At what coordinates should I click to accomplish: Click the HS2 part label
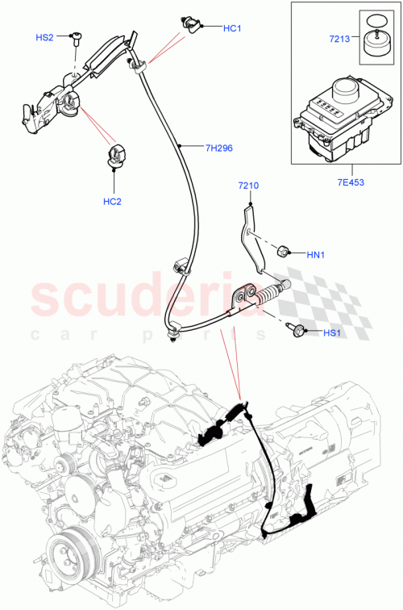44,38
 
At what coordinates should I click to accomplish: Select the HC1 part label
232,28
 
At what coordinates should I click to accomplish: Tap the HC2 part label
112,201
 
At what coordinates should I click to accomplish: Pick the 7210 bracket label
248,186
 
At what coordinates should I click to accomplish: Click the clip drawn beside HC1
193,24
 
